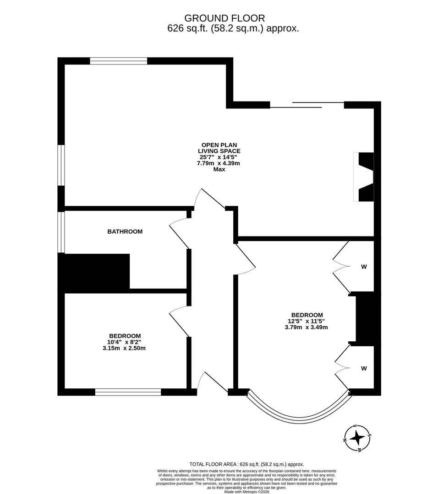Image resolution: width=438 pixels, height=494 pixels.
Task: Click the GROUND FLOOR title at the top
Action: (x=224, y=18)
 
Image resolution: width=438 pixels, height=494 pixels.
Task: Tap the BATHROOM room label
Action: (x=125, y=231)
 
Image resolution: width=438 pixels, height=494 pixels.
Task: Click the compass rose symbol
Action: (x=357, y=439)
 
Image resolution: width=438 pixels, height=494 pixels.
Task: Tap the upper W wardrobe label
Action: (x=364, y=267)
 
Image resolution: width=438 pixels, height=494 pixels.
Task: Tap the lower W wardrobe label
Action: (x=364, y=368)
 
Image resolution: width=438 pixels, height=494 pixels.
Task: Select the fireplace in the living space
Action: (x=365, y=177)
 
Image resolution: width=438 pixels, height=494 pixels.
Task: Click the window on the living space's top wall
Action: (x=118, y=61)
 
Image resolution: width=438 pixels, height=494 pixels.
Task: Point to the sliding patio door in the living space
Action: (x=307, y=105)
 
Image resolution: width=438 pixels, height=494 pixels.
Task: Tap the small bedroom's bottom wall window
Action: (x=128, y=392)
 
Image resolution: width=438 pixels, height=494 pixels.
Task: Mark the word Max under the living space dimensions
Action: (x=219, y=169)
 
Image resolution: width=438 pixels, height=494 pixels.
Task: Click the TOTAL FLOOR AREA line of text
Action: (x=246, y=464)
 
